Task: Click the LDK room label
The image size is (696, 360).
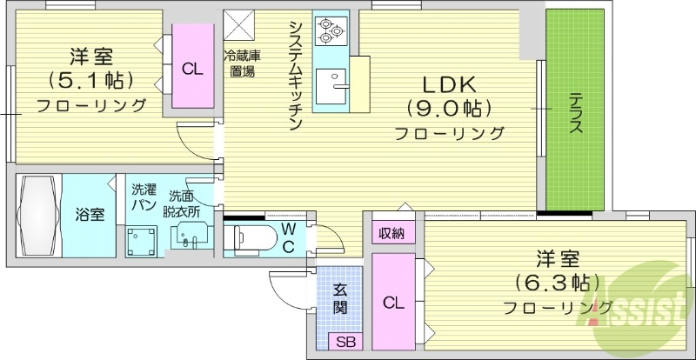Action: [449, 85]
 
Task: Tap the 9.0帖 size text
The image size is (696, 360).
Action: [449, 110]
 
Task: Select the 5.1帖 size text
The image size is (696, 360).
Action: [91, 81]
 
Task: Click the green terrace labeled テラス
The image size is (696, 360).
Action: [574, 114]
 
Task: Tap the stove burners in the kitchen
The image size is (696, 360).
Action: [330, 31]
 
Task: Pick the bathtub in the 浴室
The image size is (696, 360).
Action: [39, 214]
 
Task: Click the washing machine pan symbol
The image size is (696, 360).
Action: [141, 241]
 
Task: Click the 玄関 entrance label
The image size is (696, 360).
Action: [341, 298]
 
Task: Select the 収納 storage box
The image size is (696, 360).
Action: [391, 233]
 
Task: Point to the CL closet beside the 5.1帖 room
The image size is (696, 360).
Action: [192, 68]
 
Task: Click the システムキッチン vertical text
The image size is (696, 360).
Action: [296, 75]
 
